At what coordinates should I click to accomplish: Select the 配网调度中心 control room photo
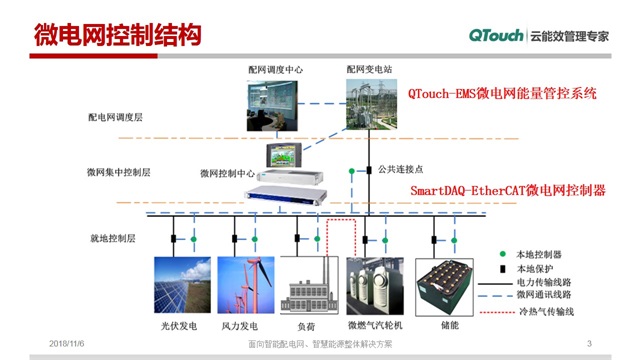(x=275, y=104)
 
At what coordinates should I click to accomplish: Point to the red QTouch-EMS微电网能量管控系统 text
(x=502, y=93)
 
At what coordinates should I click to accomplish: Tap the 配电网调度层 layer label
(x=115, y=117)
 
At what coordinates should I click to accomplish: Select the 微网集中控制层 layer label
(x=119, y=172)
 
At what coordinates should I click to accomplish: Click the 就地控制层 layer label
(x=110, y=239)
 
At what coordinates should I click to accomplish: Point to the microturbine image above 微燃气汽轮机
(x=374, y=289)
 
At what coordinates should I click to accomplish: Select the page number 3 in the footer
(x=590, y=345)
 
